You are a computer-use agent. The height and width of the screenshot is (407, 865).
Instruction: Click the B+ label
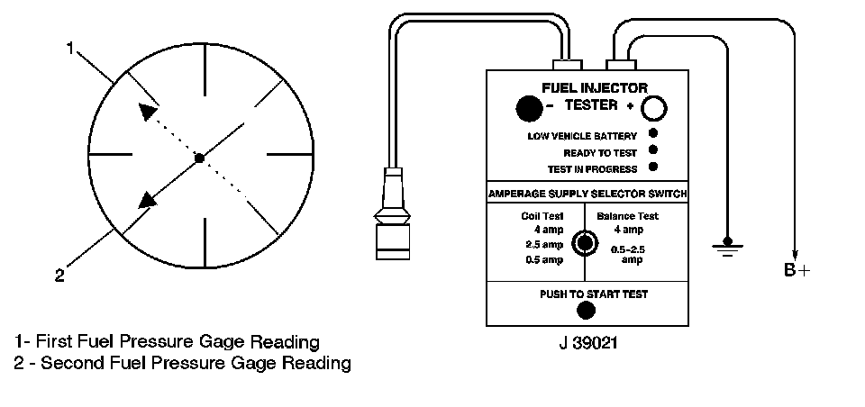click(x=797, y=271)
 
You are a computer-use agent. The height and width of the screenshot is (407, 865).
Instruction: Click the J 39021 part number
click(x=587, y=343)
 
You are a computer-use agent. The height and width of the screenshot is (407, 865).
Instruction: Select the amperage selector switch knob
click(x=586, y=243)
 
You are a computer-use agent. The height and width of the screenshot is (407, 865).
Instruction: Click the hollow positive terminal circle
click(x=655, y=108)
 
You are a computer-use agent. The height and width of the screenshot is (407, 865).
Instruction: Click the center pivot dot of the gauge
click(x=199, y=158)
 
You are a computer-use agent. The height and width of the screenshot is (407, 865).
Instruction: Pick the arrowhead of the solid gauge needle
click(x=144, y=199)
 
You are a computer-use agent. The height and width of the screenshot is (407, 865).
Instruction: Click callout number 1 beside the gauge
click(x=69, y=49)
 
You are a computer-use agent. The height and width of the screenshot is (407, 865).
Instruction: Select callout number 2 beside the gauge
click(x=59, y=276)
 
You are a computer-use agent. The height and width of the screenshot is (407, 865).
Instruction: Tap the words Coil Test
click(x=542, y=216)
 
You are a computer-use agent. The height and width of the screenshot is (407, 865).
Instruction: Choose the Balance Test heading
click(x=628, y=216)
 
